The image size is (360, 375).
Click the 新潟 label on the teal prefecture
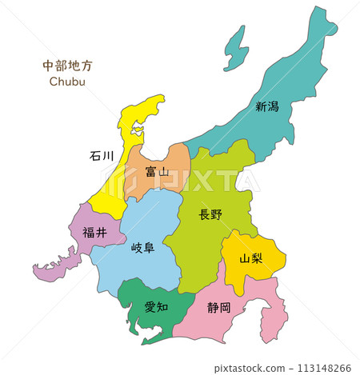(x=267, y=106)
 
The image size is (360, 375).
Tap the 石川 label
(x=101, y=155)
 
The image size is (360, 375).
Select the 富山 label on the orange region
(x=157, y=171)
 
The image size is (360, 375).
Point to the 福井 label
(x=94, y=232)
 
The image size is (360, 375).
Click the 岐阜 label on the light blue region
(x=143, y=248)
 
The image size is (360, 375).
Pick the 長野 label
(x=210, y=214)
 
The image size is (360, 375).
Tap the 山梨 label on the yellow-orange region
(x=251, y=258)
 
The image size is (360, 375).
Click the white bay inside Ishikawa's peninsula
(x=138, y=128)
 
